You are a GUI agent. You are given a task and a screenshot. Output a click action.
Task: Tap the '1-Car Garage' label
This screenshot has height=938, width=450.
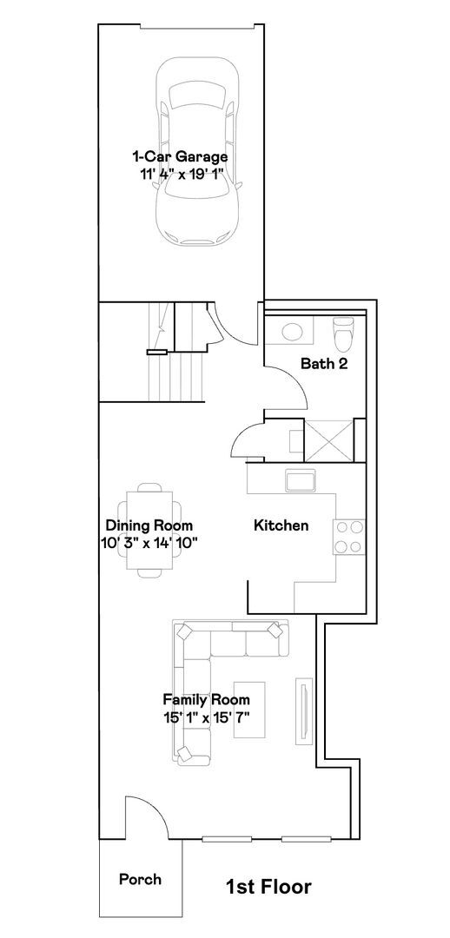point(180,157)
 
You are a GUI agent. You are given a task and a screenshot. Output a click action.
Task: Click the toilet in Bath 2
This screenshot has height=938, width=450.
point(344,334)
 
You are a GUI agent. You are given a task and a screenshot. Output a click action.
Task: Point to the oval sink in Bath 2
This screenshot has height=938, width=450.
point(291,332)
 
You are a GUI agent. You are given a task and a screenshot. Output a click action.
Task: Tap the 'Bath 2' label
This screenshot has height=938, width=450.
point(324,364)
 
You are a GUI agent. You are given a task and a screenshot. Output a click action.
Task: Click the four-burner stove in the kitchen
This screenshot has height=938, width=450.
point(349,537)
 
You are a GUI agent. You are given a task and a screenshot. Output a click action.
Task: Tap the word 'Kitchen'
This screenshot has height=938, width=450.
point(281,525)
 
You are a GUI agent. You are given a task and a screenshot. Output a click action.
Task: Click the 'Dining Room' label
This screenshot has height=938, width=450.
point(149,525)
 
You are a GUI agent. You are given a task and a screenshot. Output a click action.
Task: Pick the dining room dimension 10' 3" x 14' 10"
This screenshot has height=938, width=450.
point(149,543)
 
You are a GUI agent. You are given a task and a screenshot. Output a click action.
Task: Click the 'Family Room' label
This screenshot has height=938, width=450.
point(207,699)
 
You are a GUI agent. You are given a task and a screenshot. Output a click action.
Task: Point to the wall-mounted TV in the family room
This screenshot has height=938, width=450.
point(304,710)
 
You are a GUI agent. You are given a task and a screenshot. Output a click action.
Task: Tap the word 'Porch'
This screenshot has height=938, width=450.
point(140,879)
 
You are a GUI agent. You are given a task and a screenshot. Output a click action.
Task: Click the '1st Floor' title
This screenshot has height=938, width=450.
point(268,887)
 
